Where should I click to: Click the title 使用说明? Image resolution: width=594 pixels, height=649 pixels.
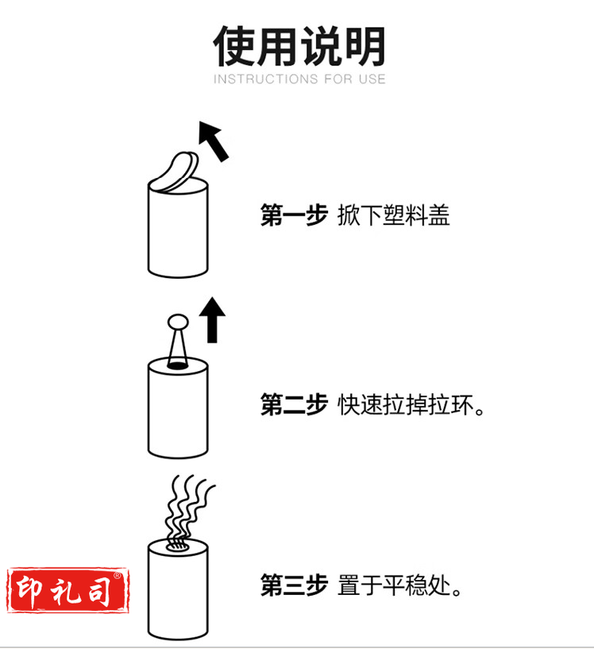click(299, 45)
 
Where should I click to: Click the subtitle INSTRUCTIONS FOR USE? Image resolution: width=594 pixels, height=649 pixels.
click(299, 79)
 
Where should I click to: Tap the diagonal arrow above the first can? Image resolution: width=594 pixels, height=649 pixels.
click(213, 141)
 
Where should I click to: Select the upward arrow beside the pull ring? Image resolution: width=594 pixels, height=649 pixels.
click(212, 319)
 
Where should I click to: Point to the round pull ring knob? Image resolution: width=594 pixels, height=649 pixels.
click(178, 322)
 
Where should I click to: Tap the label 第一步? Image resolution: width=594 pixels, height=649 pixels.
click(294, 215)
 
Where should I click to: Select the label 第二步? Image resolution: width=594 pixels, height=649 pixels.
click(294, 404)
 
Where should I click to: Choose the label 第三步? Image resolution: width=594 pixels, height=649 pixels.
click(294, 585)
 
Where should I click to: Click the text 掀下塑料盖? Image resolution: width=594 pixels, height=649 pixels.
click(393, 215)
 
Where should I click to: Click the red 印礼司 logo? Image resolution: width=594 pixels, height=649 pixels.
click(67, 590)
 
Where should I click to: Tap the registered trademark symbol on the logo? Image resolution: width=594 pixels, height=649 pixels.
click(117, 576)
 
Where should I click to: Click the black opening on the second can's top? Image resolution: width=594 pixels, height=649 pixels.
click(177, 365)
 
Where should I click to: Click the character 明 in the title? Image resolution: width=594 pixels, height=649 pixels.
click(364, 45)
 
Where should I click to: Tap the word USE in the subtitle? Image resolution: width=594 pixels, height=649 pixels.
click(372, 79)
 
